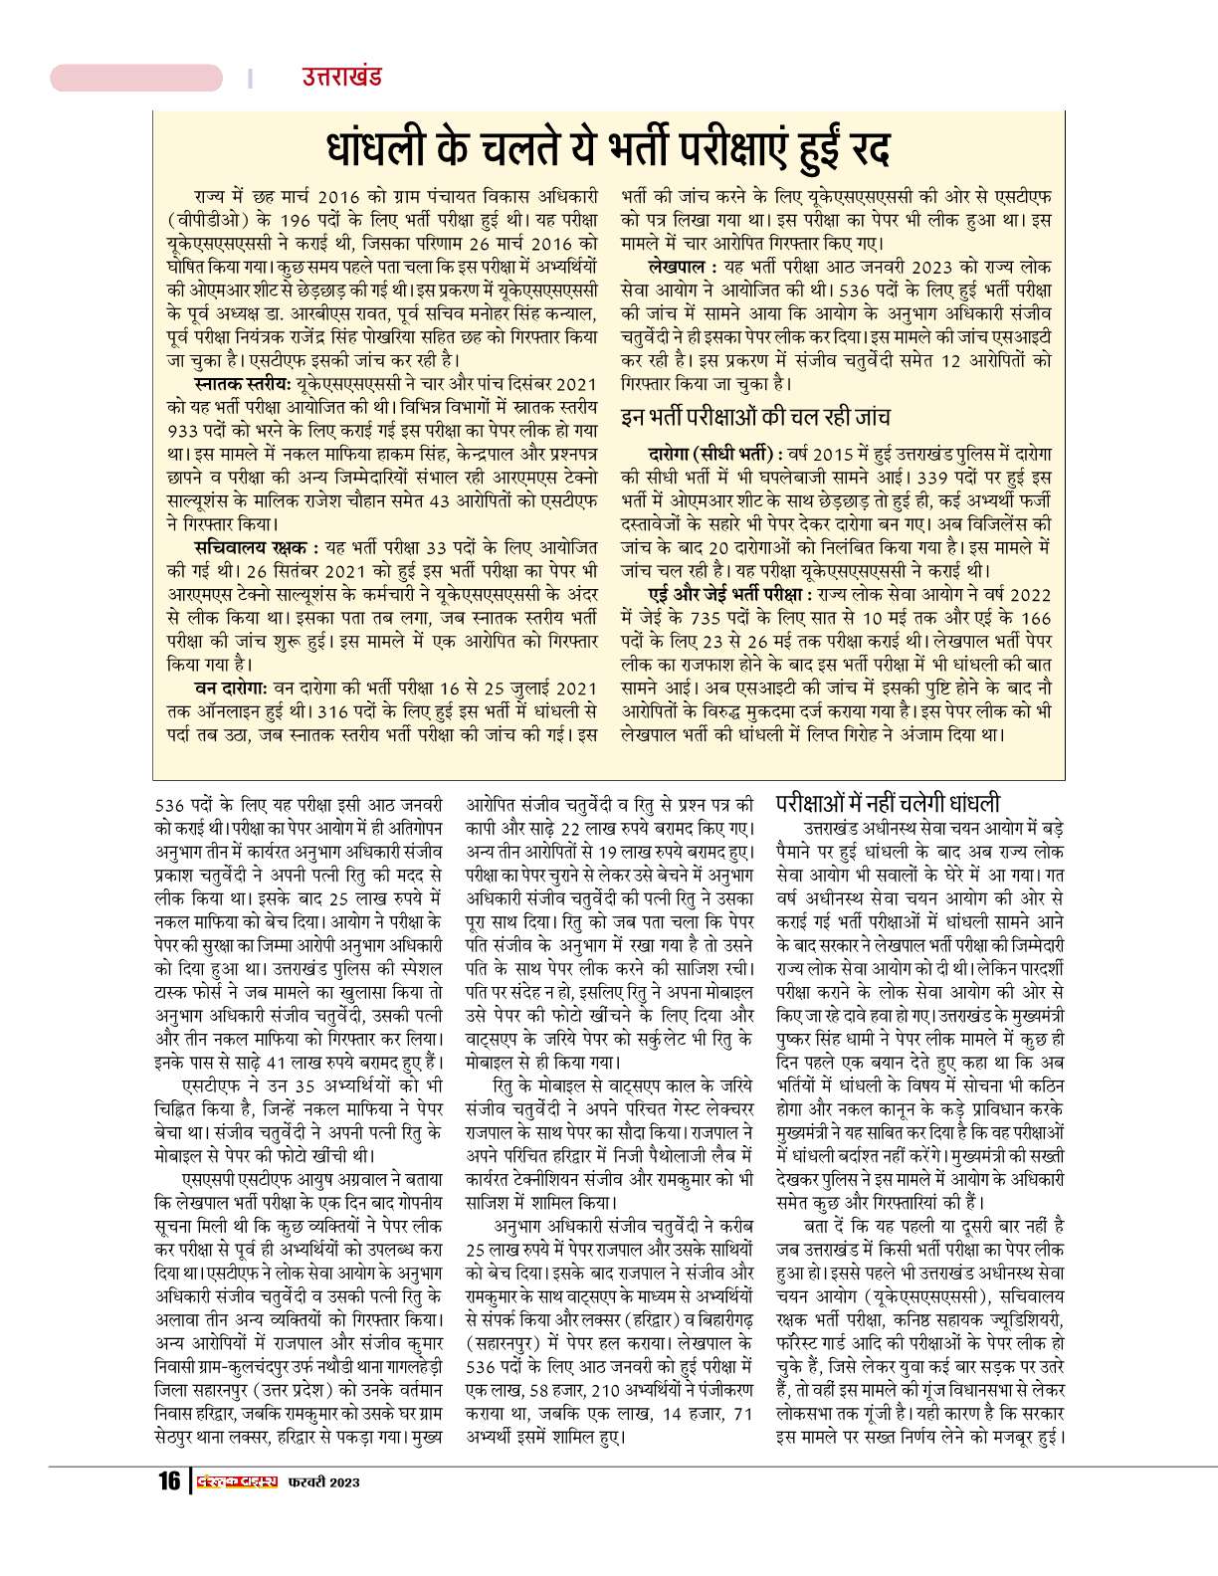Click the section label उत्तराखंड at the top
click(x=341, y=77)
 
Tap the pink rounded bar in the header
click(x=137, y=78)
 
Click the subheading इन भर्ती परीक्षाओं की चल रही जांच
click(x=755, y=416)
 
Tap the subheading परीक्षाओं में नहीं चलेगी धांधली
click(x=889, y=803)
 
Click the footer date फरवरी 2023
click(x=322, y=1481)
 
